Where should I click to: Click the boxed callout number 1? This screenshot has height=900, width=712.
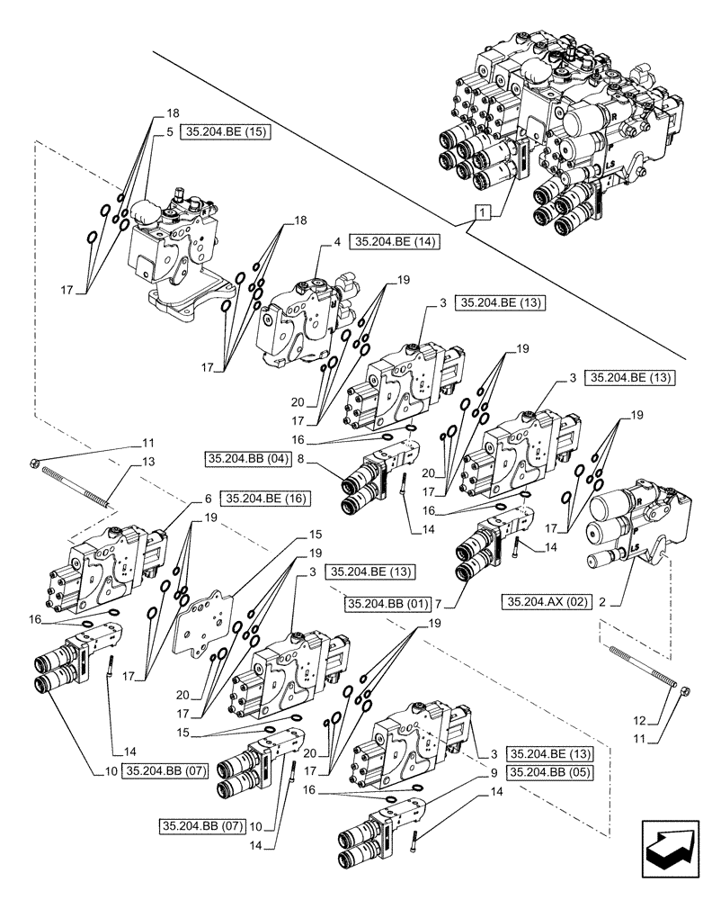(x=484, y=213)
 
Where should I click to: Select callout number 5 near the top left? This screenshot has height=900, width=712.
(x=169, y=131)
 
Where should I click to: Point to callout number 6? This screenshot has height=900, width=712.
(x=208, y=497)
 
